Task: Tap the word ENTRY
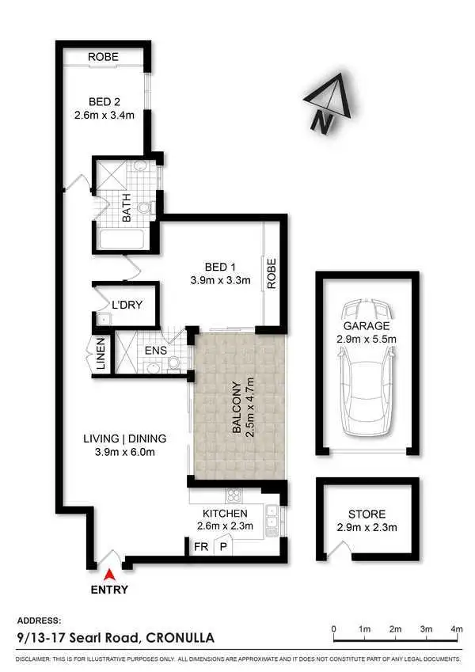109,590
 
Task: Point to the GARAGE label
366,325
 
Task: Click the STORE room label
367,514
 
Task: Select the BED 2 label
103,101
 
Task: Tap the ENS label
154,349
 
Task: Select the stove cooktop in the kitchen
234,497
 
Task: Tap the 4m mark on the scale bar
456,629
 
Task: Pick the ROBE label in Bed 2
103,57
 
